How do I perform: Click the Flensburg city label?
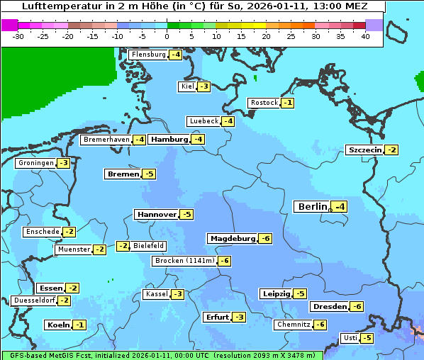pos(148,55)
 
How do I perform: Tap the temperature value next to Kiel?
pos(204,86)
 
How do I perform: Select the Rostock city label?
pos(264,103)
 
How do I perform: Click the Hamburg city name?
pos(169,140)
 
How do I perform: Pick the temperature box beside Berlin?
pos(340,207)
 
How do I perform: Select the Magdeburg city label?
pos(232,239)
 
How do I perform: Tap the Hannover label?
pos(157,214)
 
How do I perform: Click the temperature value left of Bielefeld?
pos(123,246)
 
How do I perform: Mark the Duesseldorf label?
pos(34,300)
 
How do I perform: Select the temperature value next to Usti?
pos(367,338)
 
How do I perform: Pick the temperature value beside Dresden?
pos(357,307)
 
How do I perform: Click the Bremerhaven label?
pos(106,140)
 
